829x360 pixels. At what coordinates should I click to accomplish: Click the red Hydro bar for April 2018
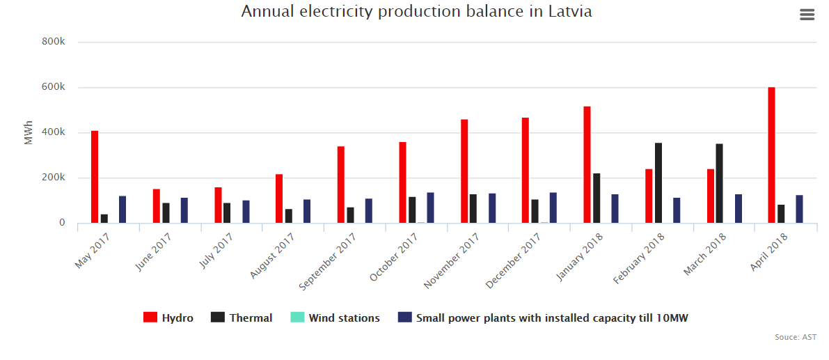click(x=771, y=155)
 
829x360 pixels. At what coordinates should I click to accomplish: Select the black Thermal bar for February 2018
click(x=658, y=183)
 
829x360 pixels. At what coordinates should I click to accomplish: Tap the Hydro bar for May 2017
click(x=95, y=177)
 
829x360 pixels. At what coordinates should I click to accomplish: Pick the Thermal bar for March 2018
click(x=719, y=184)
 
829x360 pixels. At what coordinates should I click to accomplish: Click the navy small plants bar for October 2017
click(x=430, y=208)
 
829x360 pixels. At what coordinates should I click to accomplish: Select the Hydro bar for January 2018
click(x=587, y=165)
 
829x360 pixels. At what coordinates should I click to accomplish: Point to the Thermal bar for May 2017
click(x=104, y=219)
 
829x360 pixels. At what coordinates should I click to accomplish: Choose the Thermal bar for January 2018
click(x=597, y=198)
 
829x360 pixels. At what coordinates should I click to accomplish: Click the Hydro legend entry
click(x=168, y=318)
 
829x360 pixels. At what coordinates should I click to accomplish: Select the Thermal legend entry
click(x=242, y=318)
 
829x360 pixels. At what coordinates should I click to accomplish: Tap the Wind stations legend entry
click(x=335, y=318)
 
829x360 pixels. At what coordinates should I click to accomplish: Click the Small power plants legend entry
click(x=543, y=318)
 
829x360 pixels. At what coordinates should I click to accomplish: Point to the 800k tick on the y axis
click(x=54, y=42)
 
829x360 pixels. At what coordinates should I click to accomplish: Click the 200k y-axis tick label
click(x=54, y=178)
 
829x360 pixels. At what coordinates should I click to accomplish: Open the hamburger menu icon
click(x=807, y=15)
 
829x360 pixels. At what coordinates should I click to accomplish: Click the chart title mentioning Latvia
click(x=416, y=12)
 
